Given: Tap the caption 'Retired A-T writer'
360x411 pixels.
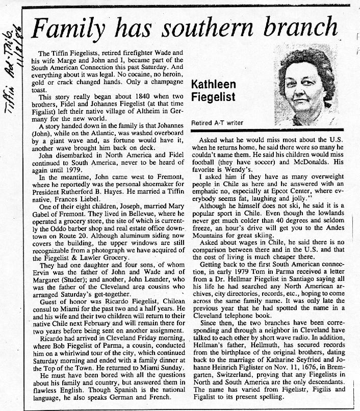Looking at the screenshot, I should (x=217, y=122).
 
